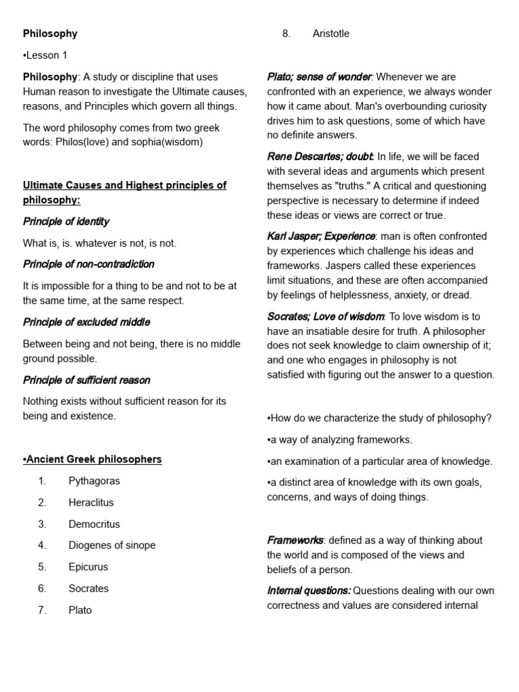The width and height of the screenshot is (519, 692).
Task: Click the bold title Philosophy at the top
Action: pos(50,34)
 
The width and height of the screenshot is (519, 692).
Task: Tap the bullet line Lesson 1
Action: pos(45,55)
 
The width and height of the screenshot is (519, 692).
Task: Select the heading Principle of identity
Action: pos(66,222)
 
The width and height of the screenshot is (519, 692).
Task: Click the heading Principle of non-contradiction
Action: pos(89,264)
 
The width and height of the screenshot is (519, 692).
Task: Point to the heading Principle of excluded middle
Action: pos(86,322)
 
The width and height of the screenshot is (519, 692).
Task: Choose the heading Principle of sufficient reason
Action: pos(86,380)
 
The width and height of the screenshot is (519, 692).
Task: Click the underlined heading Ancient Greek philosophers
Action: pos(93,460)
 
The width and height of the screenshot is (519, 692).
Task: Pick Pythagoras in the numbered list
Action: pos(94,481)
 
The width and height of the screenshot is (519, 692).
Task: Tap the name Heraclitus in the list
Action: pos(91,503)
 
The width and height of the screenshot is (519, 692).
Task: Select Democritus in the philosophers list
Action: pos(94,524)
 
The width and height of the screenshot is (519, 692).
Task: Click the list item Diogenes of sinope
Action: pos(112,545)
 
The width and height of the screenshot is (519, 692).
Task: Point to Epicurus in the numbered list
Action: pos(88,567)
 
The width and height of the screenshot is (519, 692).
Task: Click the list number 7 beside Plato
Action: pos(42,610)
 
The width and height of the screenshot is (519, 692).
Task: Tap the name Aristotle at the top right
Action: pos(331,34)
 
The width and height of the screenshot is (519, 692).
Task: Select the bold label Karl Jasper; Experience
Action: pos(321,237)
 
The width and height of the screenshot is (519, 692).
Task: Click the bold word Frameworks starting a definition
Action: pos(295,541)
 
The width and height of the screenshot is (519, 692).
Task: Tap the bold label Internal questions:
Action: pos(309,591)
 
